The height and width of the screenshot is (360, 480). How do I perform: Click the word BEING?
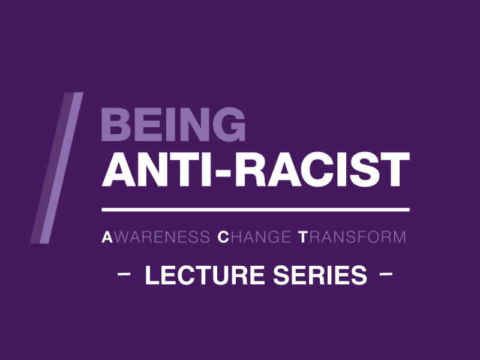coord(173,124)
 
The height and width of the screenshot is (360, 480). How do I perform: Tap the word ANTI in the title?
coord(158,169)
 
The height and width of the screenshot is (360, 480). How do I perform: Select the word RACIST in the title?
coord(322,169)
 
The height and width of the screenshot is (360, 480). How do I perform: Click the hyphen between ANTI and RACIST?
coord(223,173)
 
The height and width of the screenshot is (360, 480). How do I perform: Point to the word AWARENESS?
coord(156,237)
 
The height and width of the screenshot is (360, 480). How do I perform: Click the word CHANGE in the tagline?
coord(254,237)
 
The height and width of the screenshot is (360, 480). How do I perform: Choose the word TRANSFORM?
coord(352,237)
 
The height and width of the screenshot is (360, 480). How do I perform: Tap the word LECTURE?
coord(205,275)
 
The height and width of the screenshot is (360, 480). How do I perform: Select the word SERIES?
coord(320,275)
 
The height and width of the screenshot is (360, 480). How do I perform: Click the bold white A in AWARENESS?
coord(107,237)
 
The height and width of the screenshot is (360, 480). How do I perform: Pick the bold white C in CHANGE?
coord(223,237)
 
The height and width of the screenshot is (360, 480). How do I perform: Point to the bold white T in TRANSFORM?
coord(303,237)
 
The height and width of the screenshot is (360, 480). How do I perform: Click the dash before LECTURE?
coord(124,274)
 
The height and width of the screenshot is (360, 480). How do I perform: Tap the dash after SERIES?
coord(386,274)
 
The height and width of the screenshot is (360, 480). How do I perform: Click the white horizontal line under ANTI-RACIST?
coord(256,209)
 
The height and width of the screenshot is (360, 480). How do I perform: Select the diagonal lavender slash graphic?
coord(56,168)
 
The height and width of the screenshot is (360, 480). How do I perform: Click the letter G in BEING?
coord(229,124)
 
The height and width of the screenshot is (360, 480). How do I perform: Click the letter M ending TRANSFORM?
coord(399,237)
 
